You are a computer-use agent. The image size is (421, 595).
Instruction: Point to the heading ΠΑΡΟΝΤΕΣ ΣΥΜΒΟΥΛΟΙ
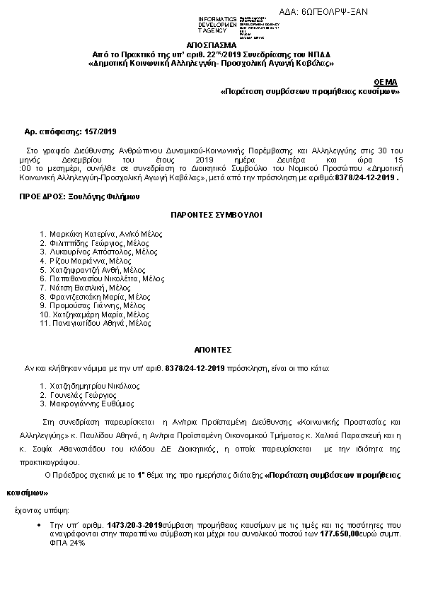point(210,213)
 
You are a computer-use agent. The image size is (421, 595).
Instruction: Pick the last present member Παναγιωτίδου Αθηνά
point(88,324)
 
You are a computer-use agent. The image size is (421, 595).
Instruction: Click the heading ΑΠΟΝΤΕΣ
point(210,349)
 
